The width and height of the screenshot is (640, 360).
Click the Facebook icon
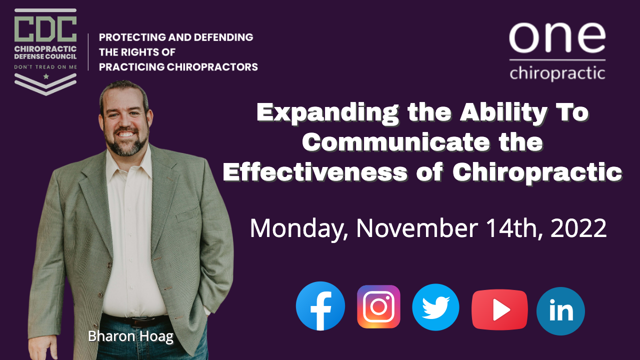320,306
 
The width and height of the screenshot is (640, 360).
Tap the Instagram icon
378,306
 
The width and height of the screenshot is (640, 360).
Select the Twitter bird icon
435,307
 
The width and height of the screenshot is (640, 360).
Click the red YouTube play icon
499,309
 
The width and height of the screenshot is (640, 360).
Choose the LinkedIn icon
560,311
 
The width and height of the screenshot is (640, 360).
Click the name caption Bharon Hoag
130,336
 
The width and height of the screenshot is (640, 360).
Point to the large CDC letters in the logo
45,29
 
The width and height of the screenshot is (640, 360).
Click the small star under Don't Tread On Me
45,76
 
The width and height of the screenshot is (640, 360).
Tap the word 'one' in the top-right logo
557,38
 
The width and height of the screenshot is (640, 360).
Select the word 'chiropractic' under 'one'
557,73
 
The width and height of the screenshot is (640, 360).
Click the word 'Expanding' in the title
327,113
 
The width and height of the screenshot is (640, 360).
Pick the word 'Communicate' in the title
396,142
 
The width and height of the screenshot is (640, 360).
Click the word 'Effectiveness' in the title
315,172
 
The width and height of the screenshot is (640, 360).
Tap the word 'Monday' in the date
299,228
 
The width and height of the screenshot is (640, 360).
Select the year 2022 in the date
578,228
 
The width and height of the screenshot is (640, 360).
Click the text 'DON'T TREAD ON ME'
45,67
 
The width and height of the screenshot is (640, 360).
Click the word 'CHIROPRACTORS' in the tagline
212,67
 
